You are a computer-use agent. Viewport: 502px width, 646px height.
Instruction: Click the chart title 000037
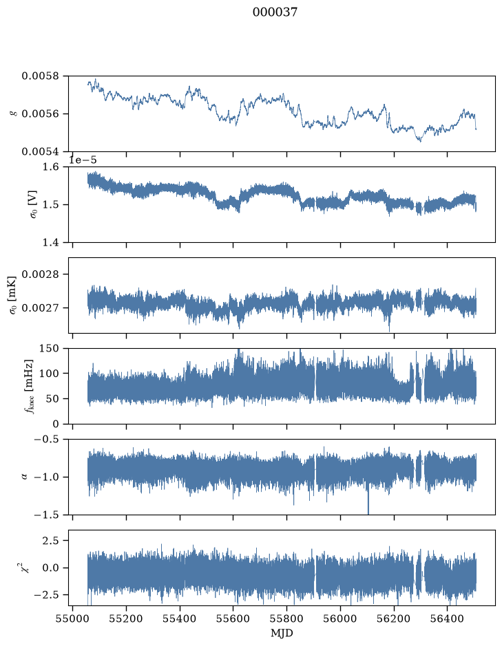[275, 12]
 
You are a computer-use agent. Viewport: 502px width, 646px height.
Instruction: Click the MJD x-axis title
[282, 633]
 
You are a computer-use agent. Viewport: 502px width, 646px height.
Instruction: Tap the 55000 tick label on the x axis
[72, 619]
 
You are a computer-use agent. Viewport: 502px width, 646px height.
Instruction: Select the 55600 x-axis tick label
[233, 619]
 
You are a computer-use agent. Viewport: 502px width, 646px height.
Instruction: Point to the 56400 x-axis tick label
[448, 619]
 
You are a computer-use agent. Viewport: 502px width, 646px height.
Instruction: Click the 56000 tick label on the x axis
[340, 619]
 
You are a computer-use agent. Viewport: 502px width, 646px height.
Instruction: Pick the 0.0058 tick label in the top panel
[40, 76]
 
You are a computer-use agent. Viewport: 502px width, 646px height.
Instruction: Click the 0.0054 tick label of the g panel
[40, 151]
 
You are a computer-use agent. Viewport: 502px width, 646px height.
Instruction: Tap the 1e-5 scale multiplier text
[83, 160]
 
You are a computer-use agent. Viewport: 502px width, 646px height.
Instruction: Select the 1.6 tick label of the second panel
[50, 167]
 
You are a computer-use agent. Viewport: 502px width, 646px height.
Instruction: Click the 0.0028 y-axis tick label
[40, 274]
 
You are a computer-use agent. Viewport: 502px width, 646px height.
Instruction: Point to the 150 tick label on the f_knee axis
[49, 349]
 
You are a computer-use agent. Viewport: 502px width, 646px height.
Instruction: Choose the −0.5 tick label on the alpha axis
[47, 440]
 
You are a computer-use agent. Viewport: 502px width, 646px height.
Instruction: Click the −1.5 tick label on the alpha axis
[47, 515]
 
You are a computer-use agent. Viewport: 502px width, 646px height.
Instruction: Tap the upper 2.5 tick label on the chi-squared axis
[50, 540]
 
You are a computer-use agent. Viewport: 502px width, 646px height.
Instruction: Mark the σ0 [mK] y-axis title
[13, 295]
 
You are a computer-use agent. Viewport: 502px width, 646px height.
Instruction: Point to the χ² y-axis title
[25, 568]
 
